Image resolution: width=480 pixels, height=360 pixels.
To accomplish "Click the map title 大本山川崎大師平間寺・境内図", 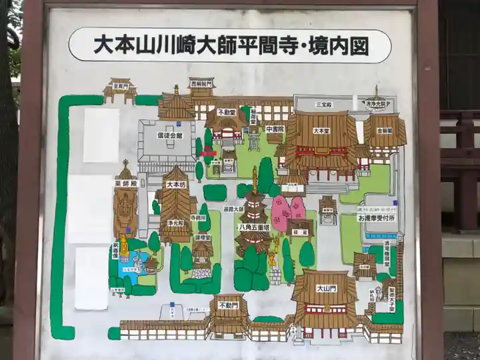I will click(x=230, y=45).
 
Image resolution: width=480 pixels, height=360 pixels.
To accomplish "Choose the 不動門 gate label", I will click(x=227, y=305).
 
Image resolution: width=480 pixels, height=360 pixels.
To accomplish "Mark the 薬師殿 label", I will click(x=124, y=183).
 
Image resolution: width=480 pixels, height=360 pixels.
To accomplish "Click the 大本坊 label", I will click(x=175, y=184).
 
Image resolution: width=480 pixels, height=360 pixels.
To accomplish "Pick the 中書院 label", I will click(x=275, y=129).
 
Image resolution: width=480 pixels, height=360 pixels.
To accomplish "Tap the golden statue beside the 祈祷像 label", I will click(x=123, y=245).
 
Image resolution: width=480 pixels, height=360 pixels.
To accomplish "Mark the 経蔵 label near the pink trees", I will click(x=300, y=225).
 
